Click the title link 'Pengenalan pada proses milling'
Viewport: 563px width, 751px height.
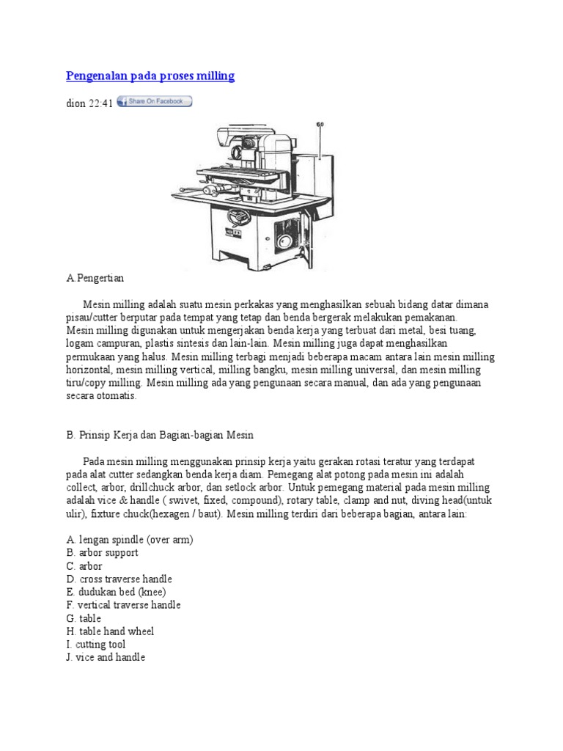[150, 76]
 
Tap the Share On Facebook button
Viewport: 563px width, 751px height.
[154, 102]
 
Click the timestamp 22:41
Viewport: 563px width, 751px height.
[101, 103]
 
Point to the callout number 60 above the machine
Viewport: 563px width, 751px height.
[320, 125]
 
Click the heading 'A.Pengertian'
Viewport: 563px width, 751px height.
[95, 278]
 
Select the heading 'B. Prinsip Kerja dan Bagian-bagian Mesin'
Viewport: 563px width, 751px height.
[159, 435]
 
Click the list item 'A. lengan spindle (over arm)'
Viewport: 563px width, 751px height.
[129, 540]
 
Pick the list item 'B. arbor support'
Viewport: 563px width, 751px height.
[102, 553]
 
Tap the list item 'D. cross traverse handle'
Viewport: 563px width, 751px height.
[119, 579]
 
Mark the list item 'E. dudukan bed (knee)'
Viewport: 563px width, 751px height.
[116, 592]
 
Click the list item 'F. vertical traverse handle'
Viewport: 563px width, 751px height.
[123, 605]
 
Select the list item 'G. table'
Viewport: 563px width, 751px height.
[84, 618]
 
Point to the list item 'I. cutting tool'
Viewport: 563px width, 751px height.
[95, 645]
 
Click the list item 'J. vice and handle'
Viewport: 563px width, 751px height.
[106, 658]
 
